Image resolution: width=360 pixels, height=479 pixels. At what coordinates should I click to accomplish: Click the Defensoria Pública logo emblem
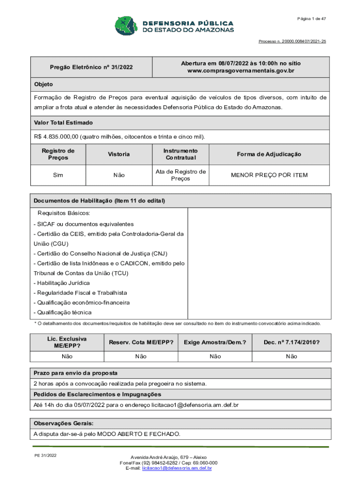coord(125,27)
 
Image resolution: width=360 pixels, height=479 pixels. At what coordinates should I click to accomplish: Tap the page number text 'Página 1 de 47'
coord(311,18)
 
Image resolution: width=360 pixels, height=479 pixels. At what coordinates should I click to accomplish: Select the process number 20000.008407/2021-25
coord(292,42)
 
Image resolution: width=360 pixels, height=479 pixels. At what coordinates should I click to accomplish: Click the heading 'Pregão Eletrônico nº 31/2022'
coord(91,67)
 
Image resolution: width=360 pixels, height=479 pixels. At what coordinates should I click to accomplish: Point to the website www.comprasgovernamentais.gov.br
coord(241,71)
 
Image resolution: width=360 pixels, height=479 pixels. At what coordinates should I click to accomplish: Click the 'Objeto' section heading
coord(43,84)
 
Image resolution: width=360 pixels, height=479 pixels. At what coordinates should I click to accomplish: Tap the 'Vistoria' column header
coord(119,154)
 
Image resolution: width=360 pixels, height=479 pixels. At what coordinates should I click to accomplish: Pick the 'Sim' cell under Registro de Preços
coord(58,175)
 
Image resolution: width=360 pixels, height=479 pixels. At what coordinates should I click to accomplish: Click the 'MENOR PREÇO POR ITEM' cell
coord(269,175)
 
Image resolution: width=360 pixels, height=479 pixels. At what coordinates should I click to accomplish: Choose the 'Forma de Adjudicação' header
coord(269,154)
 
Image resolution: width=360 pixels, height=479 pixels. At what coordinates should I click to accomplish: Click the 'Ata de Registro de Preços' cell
coord(180,175)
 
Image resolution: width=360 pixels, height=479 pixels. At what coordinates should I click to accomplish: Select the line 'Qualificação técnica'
coord(63,312)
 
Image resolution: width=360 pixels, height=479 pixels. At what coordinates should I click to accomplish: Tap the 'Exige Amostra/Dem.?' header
coord(215,342)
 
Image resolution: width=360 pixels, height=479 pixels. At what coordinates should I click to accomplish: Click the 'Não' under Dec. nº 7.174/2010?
coord(291,356)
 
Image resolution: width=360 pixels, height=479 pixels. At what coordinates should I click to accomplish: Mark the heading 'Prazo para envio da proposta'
coord(75,373)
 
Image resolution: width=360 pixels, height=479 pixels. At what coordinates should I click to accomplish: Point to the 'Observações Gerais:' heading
coord(64,423)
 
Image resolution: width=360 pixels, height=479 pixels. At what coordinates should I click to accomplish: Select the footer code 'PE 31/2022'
coord(45,455)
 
